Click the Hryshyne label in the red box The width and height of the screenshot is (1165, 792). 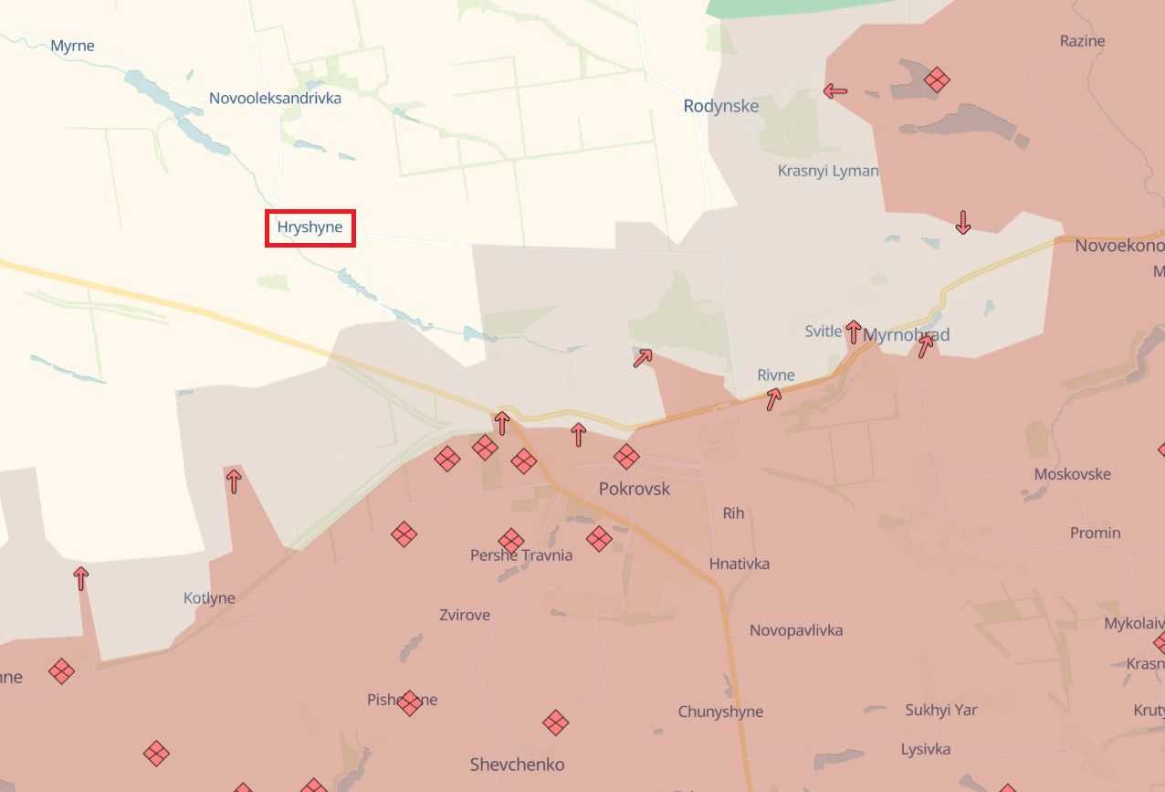(x=310, y=227)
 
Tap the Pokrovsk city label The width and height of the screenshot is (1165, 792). (x=634, y=489)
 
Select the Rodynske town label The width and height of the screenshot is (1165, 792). (x=720, y=106)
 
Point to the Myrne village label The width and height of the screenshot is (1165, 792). (x=72, y=46)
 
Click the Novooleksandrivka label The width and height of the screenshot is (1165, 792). (x=275, y=98)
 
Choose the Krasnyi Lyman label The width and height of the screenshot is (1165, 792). (x=827, y=171)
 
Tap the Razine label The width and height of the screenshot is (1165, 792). (x=1082, y=41)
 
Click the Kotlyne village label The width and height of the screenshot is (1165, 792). (x=209, y=598)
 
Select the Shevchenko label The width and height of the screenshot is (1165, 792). (x=517, y=765)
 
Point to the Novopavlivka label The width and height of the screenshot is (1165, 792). (x=795, y=630)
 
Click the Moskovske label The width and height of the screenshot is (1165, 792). (x=1072, y=474)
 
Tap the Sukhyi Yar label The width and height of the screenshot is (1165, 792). (x=940, y=710)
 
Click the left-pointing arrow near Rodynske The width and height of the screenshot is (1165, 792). (x=834, y=91)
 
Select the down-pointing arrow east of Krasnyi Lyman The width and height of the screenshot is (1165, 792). (x=962, y=222)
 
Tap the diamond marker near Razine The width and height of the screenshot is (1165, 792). (x=937, y=79)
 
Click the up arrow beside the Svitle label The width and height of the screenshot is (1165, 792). (x=853, y=332)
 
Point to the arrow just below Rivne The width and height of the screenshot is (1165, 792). (x=773, y=398)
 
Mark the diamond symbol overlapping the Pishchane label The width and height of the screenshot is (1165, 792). (x=409, y=702)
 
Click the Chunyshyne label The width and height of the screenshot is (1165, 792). (x=720, y=712)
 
